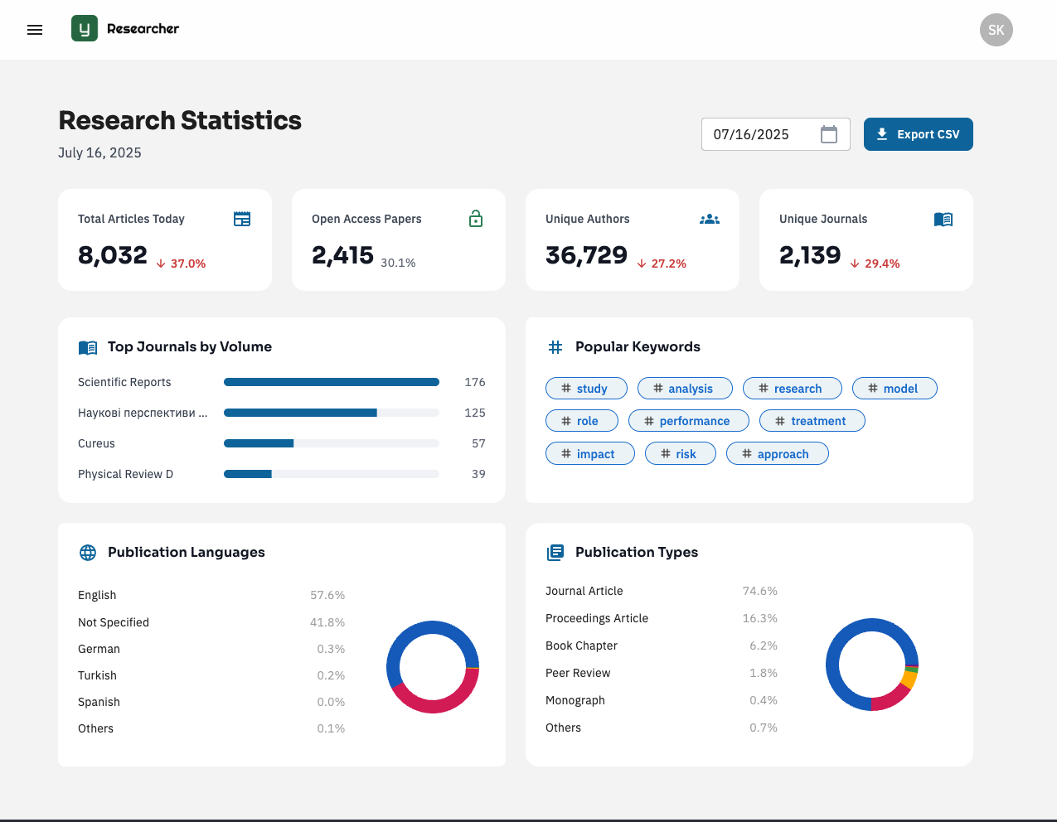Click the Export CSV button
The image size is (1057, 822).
(x=918, y=134)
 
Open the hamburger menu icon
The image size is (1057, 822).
(x=35, y=30)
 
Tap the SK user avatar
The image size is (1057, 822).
(x=996, y=30)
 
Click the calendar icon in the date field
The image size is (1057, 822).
(x=828, y=134)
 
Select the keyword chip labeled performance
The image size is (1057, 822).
(x=688, y=421)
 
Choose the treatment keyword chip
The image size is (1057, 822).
(x=812, y=421)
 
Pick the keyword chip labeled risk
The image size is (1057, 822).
(x=680, y=454)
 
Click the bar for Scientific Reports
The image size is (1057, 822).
(x=331, y=382)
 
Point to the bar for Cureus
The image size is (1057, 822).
(x=259, y=443)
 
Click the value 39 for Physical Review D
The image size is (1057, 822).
(x=478, y=474)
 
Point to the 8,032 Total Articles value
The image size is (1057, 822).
(x=113, y=255)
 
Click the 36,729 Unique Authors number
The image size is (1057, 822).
(x=586, y=255)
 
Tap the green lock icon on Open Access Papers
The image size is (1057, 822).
(x=476, y=219)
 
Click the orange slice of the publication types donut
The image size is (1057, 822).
(x=909, y=679)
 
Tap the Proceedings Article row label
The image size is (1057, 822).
(x=597, y=618)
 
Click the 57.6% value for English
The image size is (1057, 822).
(x=327, y=595)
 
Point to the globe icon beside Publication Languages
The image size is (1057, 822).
(x=88, y=553)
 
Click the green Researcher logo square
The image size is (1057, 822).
(x=85, y=29)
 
